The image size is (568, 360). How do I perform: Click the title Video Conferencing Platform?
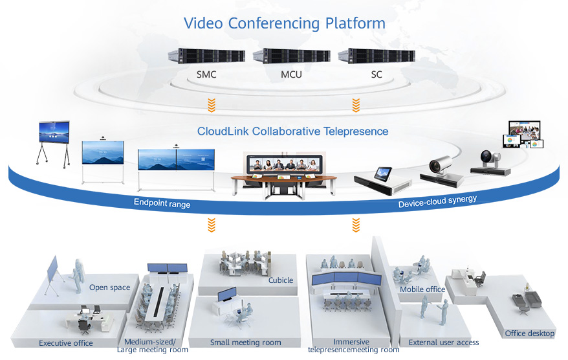[284, 23]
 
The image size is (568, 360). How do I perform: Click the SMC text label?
[206, 74]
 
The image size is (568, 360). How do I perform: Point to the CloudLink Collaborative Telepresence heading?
[292, 131]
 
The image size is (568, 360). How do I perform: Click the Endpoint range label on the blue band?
[162, 203]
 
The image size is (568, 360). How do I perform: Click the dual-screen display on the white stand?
[176, 160]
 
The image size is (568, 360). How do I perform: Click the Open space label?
[109, 287]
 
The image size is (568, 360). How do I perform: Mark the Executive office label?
[65, 343]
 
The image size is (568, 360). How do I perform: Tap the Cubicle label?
[281, 280]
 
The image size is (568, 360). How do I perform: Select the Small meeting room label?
[245, 343]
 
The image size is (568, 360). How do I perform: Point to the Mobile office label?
[422, 289]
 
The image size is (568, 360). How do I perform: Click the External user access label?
[443, 343]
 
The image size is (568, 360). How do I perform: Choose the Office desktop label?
[529, 333]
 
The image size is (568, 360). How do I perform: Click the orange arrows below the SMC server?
[211, 104]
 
